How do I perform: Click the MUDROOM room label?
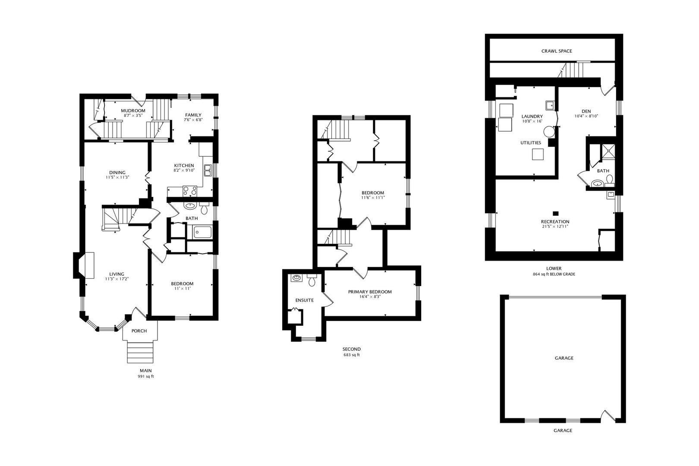tap(132, 110)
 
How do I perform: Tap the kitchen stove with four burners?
tap(190, 191)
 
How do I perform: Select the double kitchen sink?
tap(208, 170)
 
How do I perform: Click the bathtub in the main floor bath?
tap(202, 232)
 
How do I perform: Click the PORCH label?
tap(139, 331)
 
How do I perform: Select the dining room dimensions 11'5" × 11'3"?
tap(117, 177)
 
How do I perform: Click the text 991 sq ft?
tap(145, 376)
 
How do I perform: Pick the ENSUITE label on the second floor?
tap(304, 300)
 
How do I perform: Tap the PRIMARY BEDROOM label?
tap(370, 292)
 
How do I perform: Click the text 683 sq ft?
tap(351, 355)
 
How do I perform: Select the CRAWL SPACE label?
tap(557, 51)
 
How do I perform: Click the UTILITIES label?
tap(530, 143)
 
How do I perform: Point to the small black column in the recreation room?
tap(556, 213)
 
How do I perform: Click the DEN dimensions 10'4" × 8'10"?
tap(586, 116)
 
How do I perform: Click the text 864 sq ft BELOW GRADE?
tap(554, 274)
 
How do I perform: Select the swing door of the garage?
tap(608, 415)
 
